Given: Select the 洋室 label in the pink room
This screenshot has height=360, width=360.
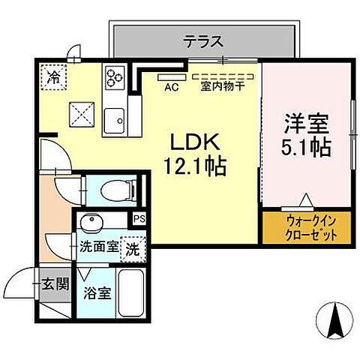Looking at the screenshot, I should tap(306, 122).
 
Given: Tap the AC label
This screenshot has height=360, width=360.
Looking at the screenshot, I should tap(170, 86).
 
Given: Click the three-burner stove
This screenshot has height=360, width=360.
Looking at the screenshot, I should tap(115, 76).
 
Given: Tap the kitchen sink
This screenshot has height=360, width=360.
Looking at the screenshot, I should tap(115, 119).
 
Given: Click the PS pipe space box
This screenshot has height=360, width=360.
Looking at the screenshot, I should tap(139, 219).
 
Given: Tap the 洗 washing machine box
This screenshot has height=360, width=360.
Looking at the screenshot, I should tap(132, 247).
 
